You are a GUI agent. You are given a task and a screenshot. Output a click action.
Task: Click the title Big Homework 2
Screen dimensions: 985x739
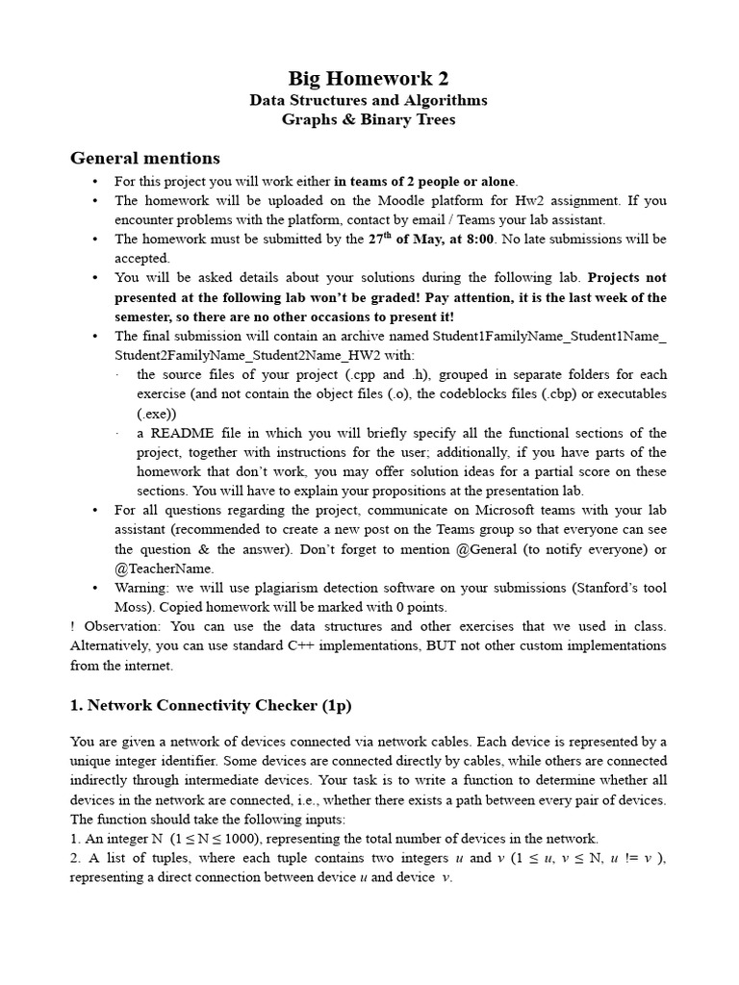point(369,78)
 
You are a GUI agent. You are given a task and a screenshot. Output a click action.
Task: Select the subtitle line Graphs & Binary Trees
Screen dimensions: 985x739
point(369,120)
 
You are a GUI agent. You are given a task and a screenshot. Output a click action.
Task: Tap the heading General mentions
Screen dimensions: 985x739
point(145,158)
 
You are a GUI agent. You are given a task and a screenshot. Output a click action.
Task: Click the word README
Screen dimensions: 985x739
point(180,433)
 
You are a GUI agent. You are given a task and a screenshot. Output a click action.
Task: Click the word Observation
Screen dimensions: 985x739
point(118,627)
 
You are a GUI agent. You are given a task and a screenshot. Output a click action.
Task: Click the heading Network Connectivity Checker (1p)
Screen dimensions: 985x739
point(211,705)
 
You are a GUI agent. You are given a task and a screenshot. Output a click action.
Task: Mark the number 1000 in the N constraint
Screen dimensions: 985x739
point(251,839)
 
